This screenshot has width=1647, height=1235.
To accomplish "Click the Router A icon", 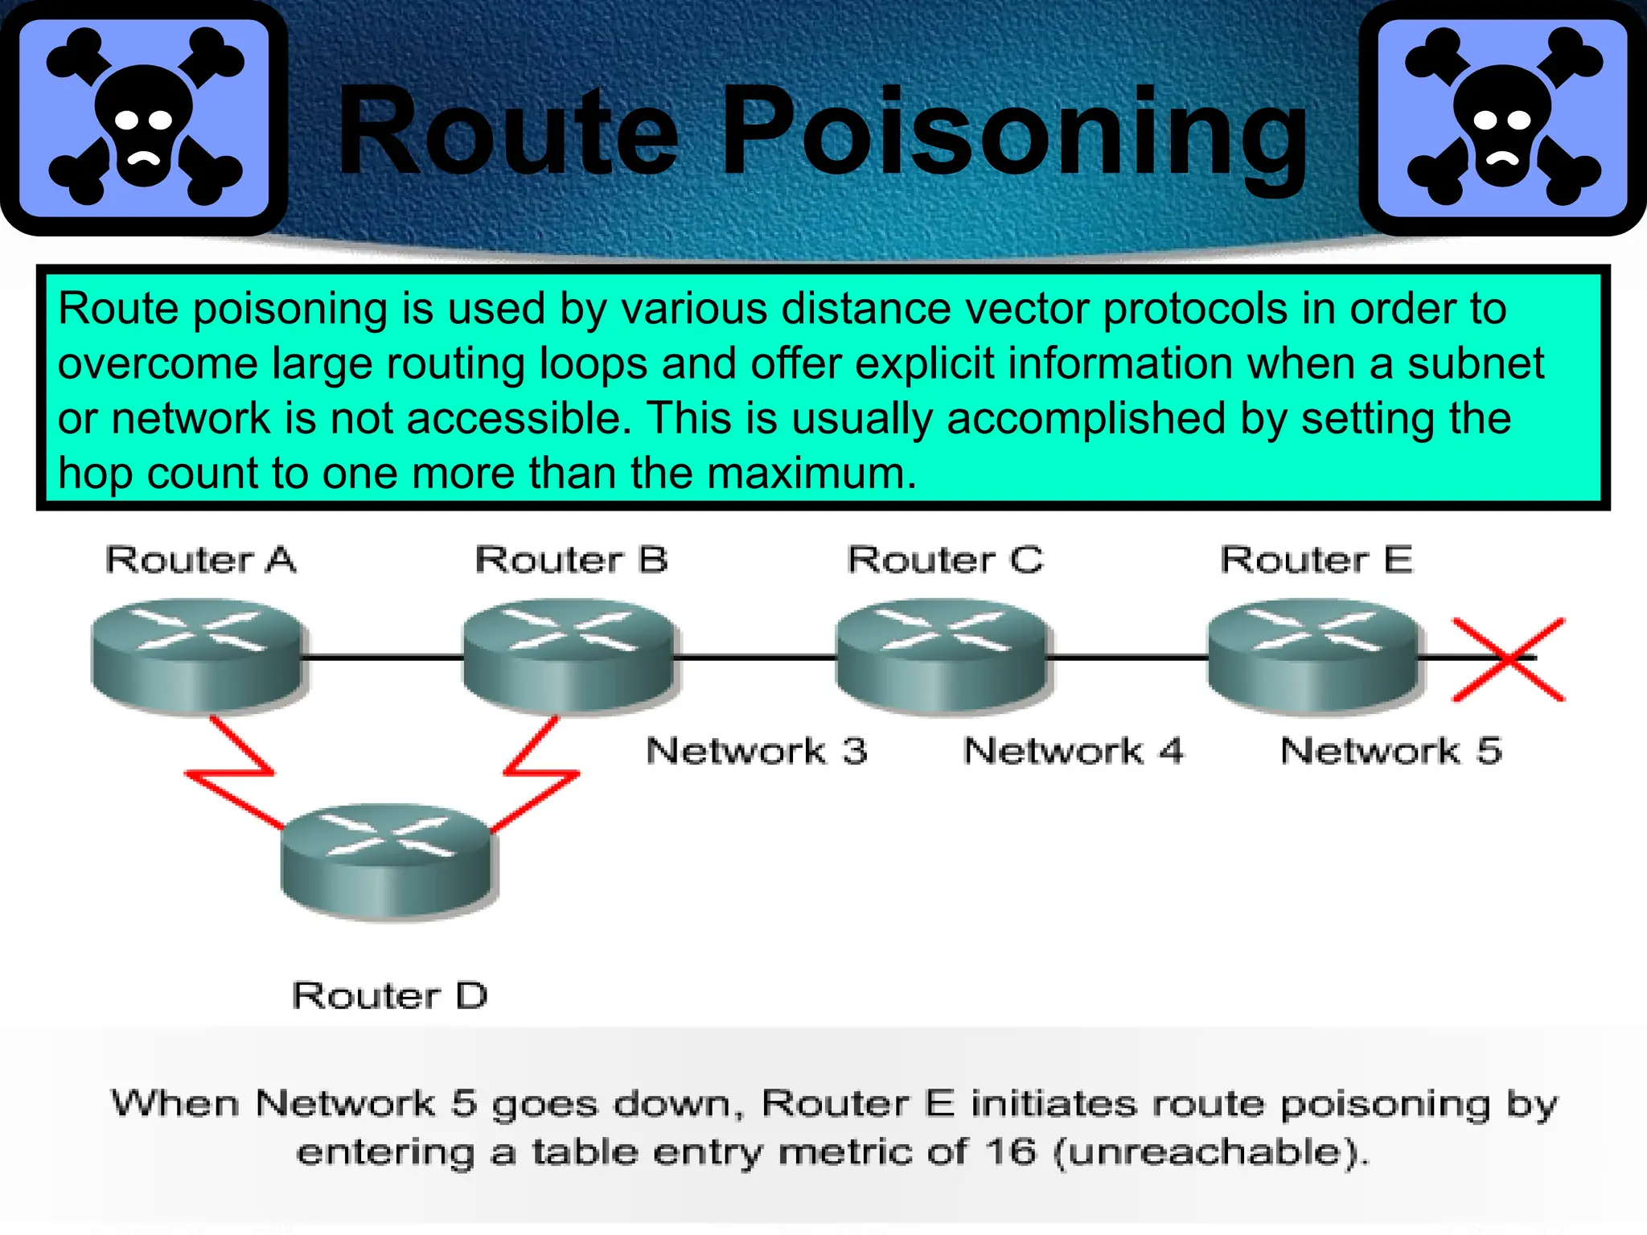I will point(198,655).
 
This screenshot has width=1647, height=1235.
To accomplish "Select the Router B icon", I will point(569,655).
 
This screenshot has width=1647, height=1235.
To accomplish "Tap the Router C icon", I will point(943,655).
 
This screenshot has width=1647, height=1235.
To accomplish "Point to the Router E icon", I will point(1314,655).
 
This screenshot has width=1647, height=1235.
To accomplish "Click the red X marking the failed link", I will point(1509,659).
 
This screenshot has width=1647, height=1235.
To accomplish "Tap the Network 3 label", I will point(757,751).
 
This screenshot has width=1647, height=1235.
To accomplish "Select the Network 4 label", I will point(1074,751).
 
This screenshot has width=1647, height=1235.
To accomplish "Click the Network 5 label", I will point(1390,751).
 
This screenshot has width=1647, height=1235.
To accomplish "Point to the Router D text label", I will point(390,996).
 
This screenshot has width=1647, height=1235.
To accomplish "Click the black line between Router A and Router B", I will point(383,658).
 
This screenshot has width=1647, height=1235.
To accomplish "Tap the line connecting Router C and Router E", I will point(1127,658).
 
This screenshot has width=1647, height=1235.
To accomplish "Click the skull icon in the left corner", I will point(145,117).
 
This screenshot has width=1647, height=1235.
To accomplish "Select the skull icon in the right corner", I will point(1502,117).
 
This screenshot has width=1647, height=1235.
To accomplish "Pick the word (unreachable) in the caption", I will point(1211,1151).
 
